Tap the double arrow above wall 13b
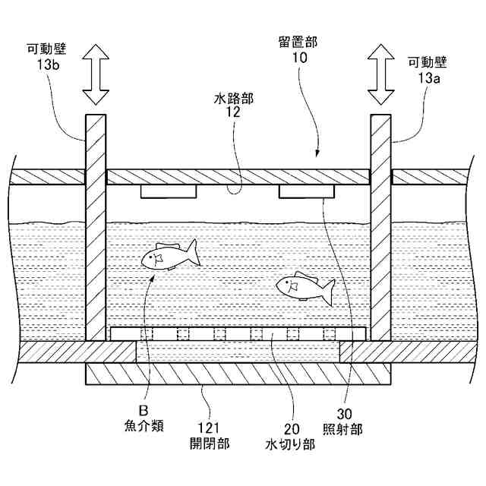coord(96,74)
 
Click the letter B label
coord(140,411)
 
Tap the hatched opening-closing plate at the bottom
coord(238,374)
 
